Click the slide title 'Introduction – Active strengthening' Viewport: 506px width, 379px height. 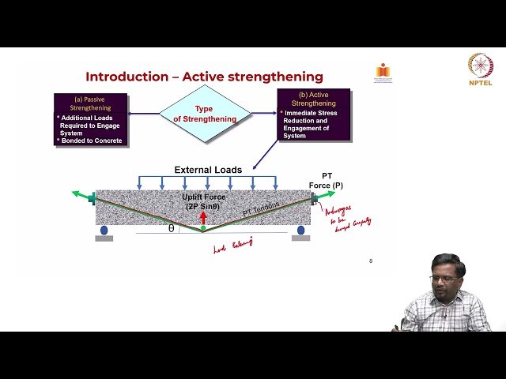[x=204, y=77]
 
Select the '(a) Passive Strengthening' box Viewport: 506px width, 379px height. [x=90, y=119]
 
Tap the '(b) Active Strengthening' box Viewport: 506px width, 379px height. [x=314, y=114]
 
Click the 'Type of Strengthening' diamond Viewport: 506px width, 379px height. [x=205, y=114]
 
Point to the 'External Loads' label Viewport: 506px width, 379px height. [x=208, y=170]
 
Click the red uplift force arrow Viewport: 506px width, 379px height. [x=203, y=218]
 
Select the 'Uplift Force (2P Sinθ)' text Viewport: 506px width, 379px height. [x=204, y=201]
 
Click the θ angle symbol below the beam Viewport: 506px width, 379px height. [x=171, y=227]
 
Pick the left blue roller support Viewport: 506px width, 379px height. [x=104, y=231]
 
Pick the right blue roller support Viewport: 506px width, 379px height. [x=300, y=231]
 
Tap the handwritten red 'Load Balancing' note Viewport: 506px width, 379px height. [x=232, y=246]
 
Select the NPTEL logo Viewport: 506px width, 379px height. [x=480, y=69]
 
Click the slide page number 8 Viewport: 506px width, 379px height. [x=371, y=261]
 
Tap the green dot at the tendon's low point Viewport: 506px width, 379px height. [x=203, y=228]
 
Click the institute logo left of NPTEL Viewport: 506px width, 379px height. [x=383, y=72]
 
